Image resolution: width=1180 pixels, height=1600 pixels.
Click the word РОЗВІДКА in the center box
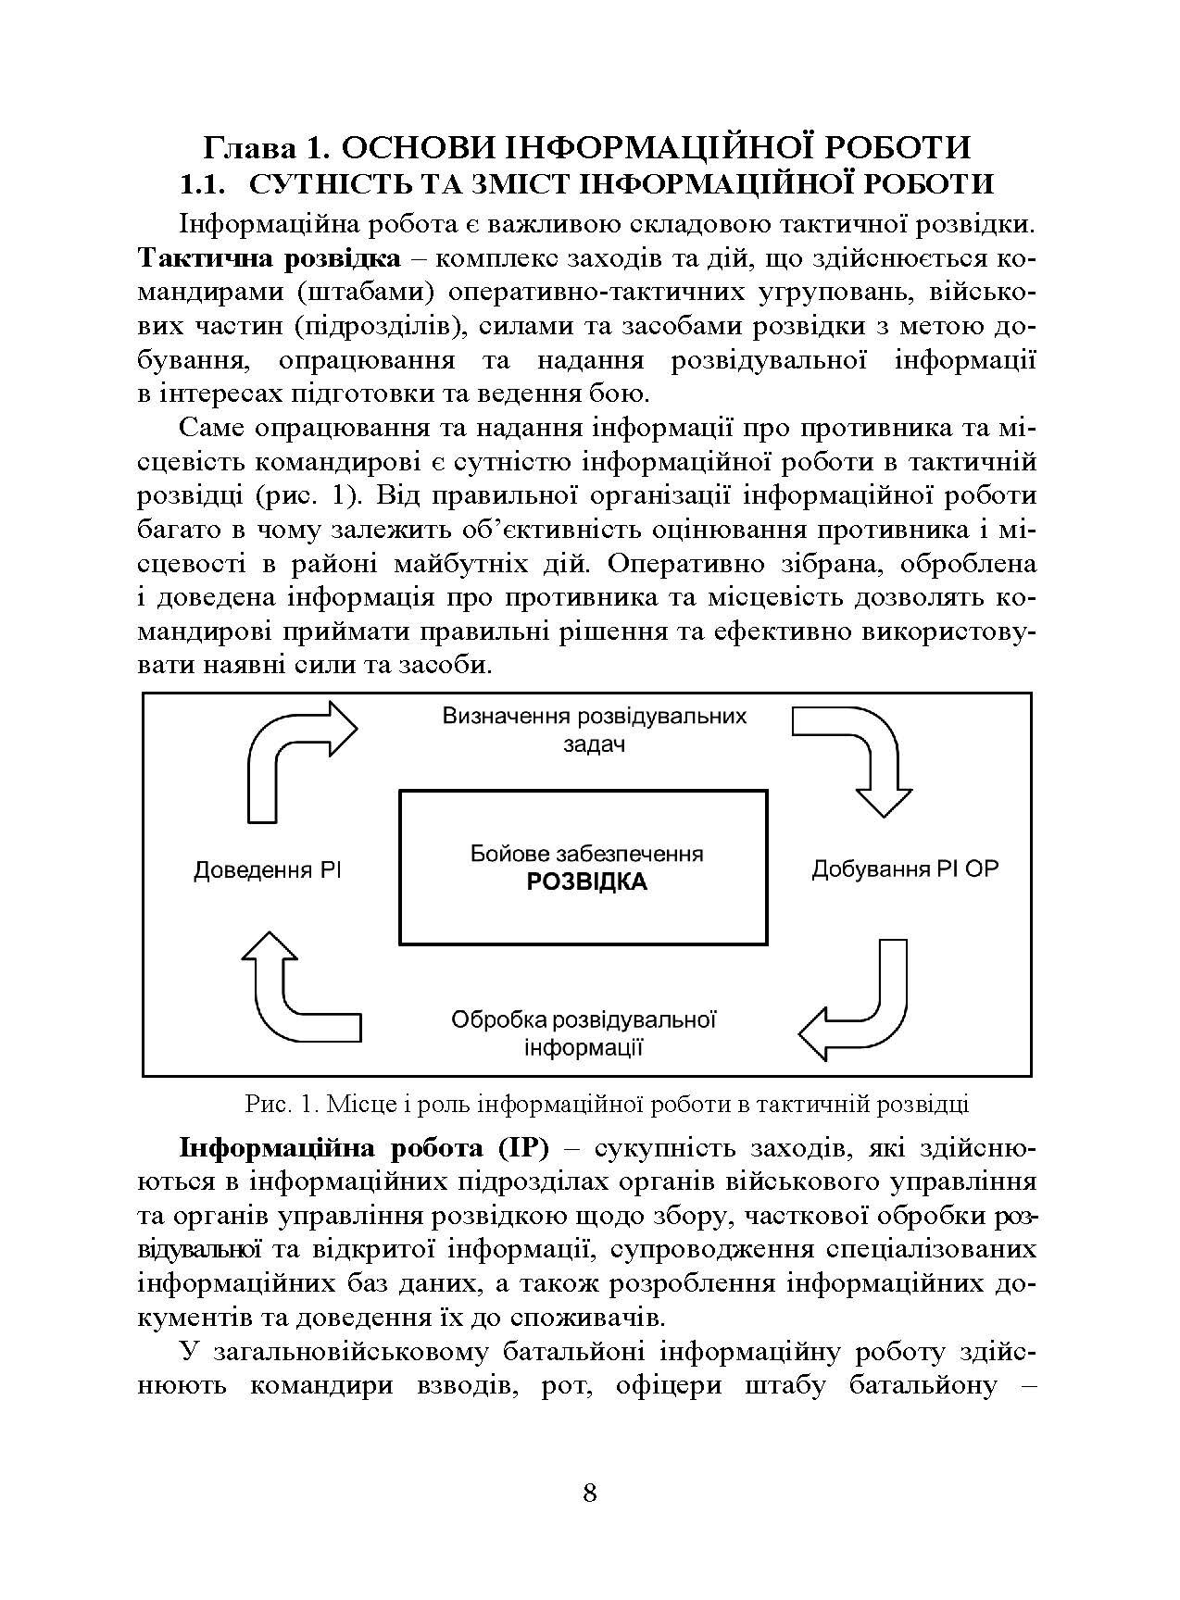[586, 881]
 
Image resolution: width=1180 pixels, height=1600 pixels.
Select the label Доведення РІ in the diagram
[268, 870]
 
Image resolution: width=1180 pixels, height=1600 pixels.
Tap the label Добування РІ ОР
[905, 869]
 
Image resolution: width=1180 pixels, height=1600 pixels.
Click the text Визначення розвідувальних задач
[594, 730]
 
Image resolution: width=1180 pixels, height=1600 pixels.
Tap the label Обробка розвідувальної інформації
[584, 1033]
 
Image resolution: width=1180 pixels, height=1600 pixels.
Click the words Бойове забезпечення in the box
[586, 854]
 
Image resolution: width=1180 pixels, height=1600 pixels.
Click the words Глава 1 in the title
[261, 147]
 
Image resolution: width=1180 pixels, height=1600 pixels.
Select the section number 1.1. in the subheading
[203, 183]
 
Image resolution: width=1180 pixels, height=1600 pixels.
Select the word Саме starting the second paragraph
[212, 428]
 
